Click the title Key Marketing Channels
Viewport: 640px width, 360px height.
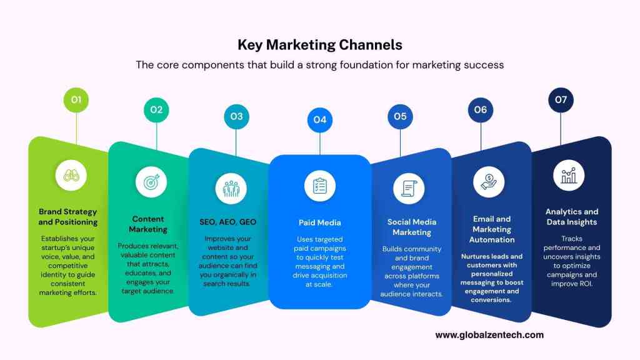point(320,44)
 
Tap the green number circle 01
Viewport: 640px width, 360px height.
point(76,100)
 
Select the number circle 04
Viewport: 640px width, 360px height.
point(320,120)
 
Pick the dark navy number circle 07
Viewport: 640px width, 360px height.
point(561,100)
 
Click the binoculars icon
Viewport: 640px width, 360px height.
point(71,176)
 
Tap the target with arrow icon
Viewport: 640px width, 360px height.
point(151,182)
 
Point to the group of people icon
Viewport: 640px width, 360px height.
point(231,189)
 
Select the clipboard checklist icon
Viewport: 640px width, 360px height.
point(320,186)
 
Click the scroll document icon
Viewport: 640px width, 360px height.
point(409,189)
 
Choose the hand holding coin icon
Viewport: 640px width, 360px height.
point(489,182)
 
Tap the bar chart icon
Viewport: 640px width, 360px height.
point(569,176)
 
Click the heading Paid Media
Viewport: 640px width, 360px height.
point(319,222)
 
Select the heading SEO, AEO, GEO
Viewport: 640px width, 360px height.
point(227,222)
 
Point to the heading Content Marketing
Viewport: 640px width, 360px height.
point(147,224)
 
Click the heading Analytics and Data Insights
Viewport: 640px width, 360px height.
point(572,217)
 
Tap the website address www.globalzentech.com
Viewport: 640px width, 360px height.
point(489,335)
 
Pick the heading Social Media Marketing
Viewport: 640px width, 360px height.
point(412,227)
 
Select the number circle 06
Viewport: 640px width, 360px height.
point(481,110)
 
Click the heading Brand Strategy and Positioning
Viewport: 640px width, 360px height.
point(68,217)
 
